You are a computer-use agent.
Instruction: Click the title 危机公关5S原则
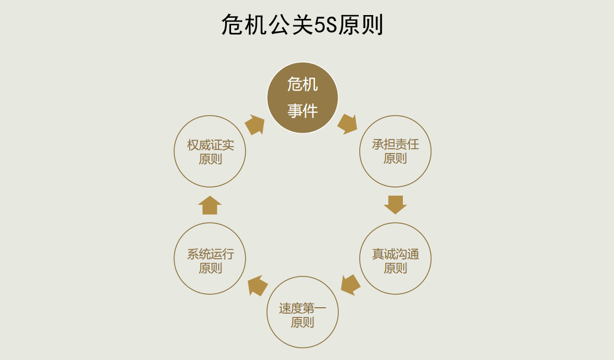(x=302, y=25)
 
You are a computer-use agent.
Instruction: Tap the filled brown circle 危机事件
(x=302, y=98)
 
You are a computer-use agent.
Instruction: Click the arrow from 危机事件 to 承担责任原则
(x=347, y=124)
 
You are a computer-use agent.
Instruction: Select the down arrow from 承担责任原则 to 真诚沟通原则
(x=395, y=205)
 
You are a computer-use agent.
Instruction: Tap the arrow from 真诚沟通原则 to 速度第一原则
(x=351, y=285)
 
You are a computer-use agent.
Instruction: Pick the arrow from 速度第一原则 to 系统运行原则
(x=257, y=285)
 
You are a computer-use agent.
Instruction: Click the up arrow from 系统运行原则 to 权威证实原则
(x=210, y=205)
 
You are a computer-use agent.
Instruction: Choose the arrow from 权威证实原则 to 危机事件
(x=255, y=124)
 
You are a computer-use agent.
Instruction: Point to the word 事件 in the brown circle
(x=302, y=111)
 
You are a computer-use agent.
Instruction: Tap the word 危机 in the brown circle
(x=302, y=84)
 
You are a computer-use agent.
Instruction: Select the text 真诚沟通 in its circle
(x=395, y=254)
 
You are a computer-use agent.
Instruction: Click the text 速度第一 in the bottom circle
(x=302, y=308)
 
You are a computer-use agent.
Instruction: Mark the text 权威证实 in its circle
(x=210, y=145)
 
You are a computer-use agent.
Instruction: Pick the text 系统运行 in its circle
(x=210, y=254)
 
